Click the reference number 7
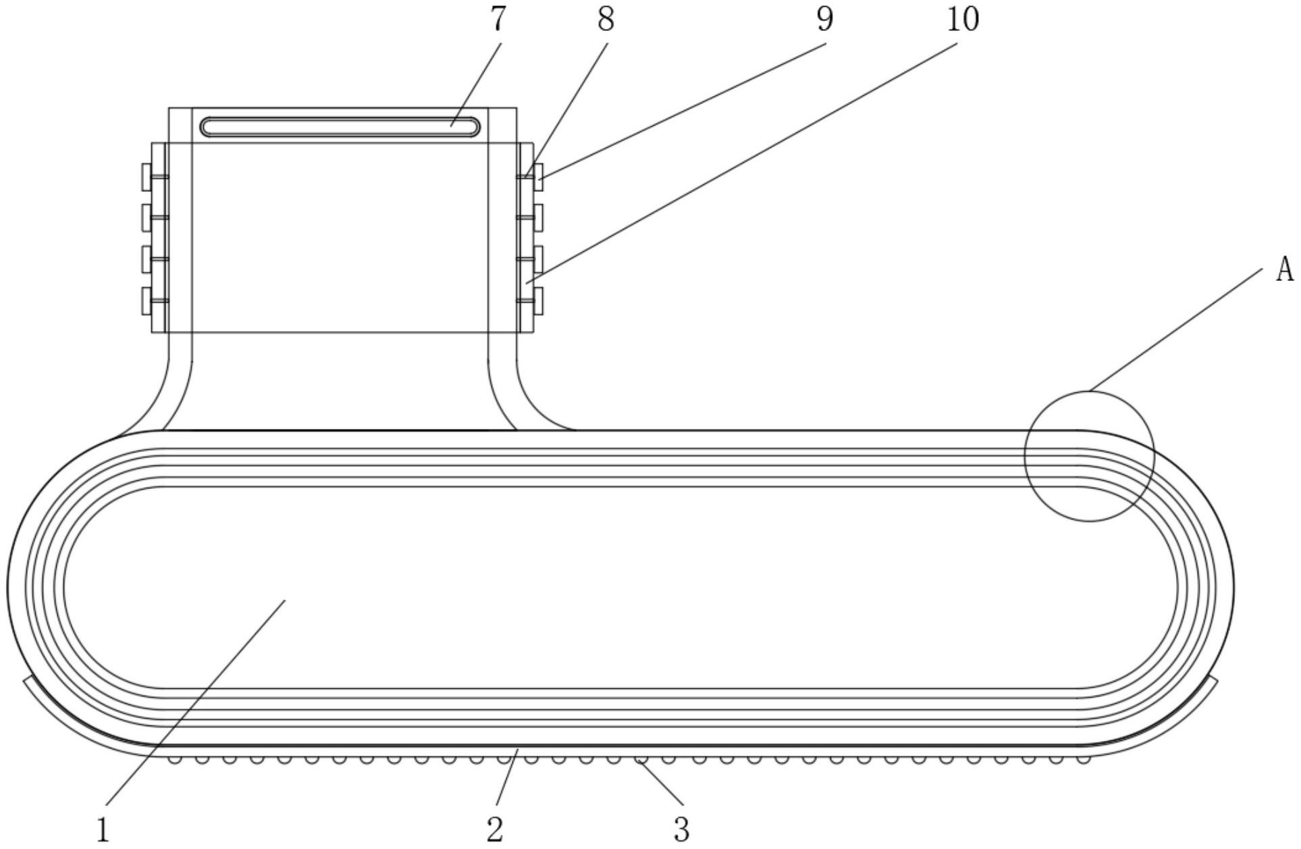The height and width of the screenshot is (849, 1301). click(498, 20)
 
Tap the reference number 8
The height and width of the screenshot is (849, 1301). click(606, 20)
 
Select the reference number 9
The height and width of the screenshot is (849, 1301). click(824, 20)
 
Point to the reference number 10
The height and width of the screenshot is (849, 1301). click(962, 20)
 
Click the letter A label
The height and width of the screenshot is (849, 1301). click(1283, 271)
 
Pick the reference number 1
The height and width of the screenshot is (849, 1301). click(103, 829)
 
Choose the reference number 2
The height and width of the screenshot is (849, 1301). click(495, 829)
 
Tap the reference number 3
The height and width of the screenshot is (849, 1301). click(681, 829)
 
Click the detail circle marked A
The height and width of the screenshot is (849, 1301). click(1088, 456)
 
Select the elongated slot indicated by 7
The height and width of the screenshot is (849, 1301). click(340, 127)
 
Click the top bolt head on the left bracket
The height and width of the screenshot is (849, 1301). click(147, 176)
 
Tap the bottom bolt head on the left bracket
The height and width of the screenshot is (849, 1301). click(147, 301)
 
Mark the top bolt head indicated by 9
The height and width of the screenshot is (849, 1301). click(538, 176)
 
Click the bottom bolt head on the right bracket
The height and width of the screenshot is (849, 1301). click(538, 301)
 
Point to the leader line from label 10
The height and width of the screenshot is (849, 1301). click(743, 162)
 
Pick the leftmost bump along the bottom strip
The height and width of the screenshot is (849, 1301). click(174, 760)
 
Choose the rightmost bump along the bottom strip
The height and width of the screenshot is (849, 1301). click(1083, 760)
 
